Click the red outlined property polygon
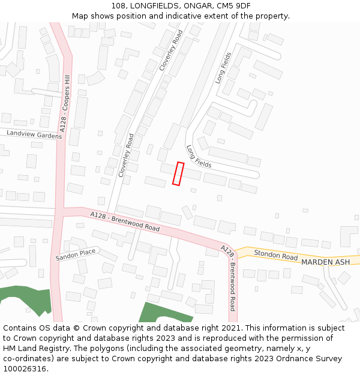(178, 173)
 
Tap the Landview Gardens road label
(34, 134)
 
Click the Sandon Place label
(76, 254)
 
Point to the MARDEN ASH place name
(325, 262)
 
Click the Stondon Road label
(275, 255)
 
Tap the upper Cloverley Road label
(170, 52)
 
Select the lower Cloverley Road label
(126, 155)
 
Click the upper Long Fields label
(223, 68)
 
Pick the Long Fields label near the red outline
(199, 157)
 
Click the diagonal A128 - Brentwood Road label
(125, 221)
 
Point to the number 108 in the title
(118, 6)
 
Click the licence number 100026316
(26, 369)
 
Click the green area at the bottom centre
(163, 313)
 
